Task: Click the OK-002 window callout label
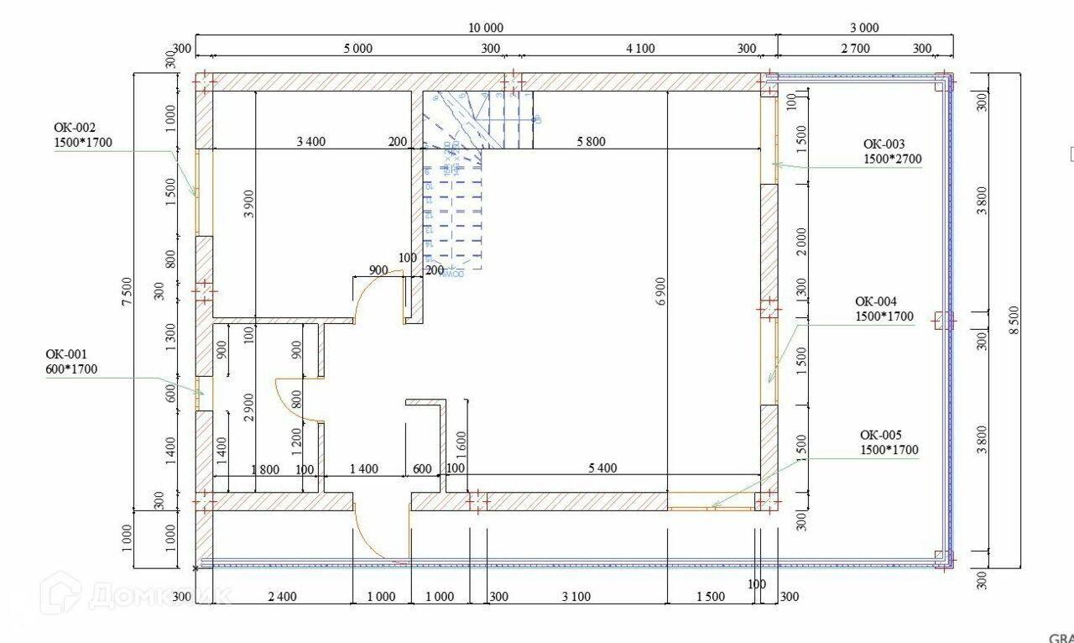(82, 135)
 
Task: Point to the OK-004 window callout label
(884, 309)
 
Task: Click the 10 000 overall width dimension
(486, 28)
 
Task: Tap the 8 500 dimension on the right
(1014, 320)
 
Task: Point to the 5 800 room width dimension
(591, 142)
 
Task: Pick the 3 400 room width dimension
(310, 142)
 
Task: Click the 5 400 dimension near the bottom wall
(602, 468)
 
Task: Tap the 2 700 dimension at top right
(855, 49)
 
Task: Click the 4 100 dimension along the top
(640, 49)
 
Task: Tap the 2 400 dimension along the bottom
(281, 597)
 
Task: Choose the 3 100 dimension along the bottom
(576, 597)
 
